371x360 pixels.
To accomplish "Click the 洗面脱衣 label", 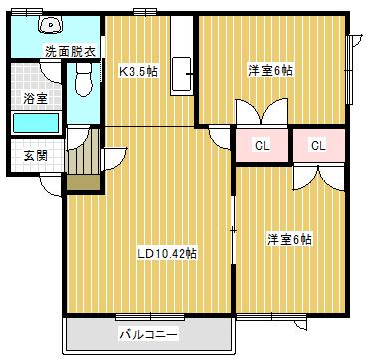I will [71, 52].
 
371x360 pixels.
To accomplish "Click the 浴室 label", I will [35, 98].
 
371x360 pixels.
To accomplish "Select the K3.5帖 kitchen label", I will [139, 72].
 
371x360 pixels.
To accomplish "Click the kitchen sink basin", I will [182, 74].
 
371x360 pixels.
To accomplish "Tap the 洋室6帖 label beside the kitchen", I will [271, 71].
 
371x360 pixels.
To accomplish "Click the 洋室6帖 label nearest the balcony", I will [290, 239].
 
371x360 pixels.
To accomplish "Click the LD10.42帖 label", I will [167, 253].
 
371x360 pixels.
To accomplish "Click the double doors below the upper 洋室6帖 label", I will [250, 111].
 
